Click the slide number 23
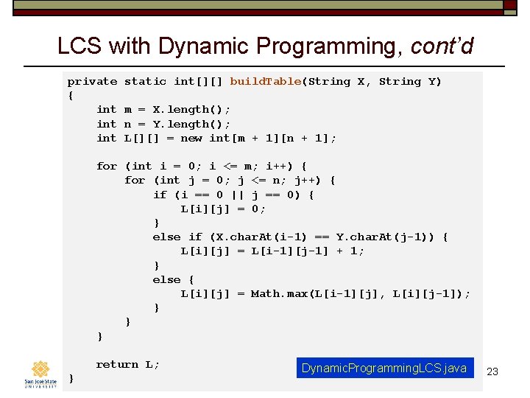point(492,371)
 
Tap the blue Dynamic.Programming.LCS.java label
point(384,368)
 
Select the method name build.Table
point(265,82)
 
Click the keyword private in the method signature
point(92,82)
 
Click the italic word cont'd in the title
point(442,46)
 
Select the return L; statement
point(127,365)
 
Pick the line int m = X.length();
point(163,110)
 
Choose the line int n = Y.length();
point(163,125)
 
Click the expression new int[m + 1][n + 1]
point(258,139)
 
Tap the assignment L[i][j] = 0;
point(223,209)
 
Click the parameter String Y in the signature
point(409,82)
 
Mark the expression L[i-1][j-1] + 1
point(308,251)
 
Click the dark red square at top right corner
point(510,5)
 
